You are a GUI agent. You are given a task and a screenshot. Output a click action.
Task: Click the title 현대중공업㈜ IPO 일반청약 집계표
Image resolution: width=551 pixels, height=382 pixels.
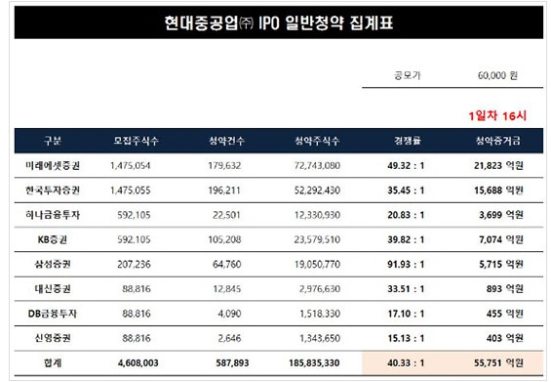(275, 21)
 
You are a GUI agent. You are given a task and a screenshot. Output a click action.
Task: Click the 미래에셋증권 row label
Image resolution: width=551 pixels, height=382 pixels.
(54, 166)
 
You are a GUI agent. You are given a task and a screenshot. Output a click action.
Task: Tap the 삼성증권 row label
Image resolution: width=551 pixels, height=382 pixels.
(54, 264)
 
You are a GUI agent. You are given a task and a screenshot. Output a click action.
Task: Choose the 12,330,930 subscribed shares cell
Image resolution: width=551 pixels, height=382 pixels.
(316, 215)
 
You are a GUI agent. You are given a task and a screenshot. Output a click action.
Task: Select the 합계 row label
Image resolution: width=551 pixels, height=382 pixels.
(54, 361)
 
